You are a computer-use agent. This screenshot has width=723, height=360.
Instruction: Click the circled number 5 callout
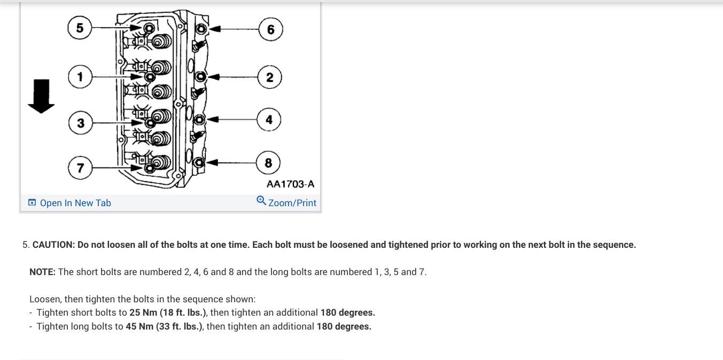pyautogui.click(x=80, y=28)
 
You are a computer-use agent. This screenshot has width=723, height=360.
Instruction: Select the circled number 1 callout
pyautogui.click(x=80, y=77)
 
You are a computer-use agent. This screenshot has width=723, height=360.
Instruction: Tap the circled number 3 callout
pyautogui.click(x=80, y=123)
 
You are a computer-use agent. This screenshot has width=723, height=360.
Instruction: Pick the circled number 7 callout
pyautogui.click(x=80, y=168)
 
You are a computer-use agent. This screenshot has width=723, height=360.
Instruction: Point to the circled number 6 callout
pyautogui.click(x=270, y=29)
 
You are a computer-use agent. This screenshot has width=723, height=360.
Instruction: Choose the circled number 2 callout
pyautogui.click(x=269, y=77)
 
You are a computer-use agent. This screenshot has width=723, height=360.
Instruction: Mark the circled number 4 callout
pyautogui.click(x=269, y=120)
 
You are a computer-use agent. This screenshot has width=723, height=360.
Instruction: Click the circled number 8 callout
pyautogui.click(x=268, y=163)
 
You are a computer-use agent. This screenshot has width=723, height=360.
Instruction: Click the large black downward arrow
pyautogui.click(x=41, y=97)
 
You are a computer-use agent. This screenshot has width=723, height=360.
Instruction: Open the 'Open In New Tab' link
pyautogui.click(x=75, y=203)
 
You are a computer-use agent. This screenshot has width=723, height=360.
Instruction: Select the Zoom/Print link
pyautogui.click(x=292, y=203)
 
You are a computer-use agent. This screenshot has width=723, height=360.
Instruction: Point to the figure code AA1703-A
pyautogui.click(x=290, y=184)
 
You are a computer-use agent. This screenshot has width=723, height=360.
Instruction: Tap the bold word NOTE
pyautogui.click(x=42, y=272)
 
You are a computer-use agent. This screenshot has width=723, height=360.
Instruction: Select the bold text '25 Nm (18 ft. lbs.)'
pyautogui.click(x=168, y=312)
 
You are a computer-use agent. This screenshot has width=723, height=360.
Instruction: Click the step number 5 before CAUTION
pyautogui.click(x=25, y=245)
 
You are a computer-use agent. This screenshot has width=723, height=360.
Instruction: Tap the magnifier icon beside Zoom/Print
pyautogui.click(x=261, y=201)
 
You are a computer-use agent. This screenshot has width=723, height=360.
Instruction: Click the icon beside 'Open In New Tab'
pyautogui.click(x=32, y=203)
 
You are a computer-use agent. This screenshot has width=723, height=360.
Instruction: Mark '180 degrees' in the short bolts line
pyautogui.click(x=347, y=312)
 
